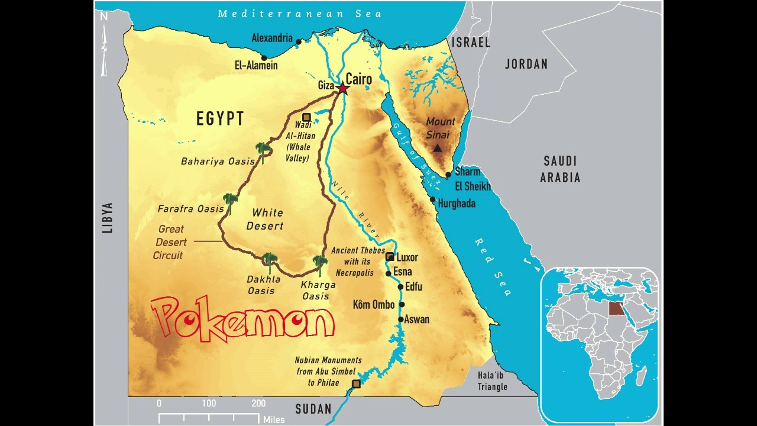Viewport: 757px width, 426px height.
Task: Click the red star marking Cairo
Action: [342, 88]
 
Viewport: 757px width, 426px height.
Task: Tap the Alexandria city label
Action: [272, 38]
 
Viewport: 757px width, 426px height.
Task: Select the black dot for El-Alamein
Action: [264, 57]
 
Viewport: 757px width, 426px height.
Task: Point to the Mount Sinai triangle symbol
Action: [437, 148]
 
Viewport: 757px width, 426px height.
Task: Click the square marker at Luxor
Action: [389, 256]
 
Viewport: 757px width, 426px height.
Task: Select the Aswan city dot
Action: [400, 319]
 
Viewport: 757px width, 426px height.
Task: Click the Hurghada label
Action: [457, 203]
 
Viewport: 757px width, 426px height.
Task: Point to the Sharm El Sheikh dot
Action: [448, 174]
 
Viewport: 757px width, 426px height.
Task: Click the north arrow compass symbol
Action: [104, 44]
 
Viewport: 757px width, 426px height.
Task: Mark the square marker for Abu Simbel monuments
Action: [356, 384]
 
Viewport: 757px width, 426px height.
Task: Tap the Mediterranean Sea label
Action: [300, 13]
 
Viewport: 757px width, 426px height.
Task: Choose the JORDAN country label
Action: [526, 64]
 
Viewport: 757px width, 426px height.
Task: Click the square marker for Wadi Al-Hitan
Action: [306, 117]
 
